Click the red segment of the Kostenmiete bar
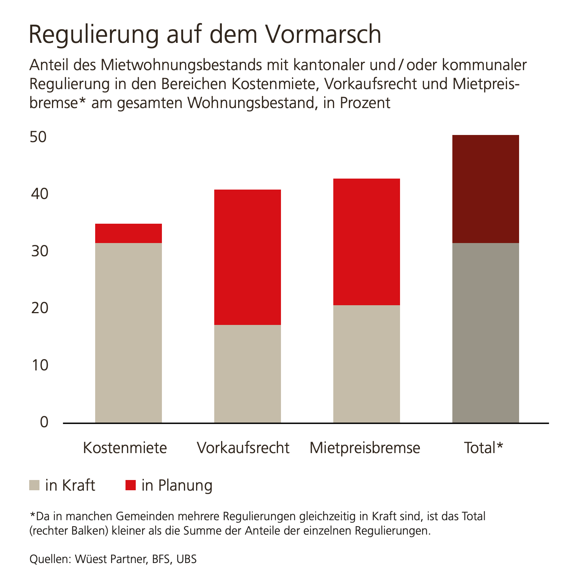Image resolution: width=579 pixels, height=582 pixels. point(129,233)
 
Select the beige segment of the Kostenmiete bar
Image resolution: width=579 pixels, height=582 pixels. point(129,333)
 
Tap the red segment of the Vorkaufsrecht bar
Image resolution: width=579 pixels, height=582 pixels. point(248,257)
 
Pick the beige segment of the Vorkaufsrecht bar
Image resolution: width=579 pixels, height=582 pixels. point(248,374)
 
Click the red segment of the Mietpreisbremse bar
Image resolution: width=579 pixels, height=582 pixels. point(367,242)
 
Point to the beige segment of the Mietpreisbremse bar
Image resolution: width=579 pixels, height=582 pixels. point(367,364)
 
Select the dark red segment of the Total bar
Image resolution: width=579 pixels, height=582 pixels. point(486,189)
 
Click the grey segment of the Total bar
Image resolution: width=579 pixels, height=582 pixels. point(486,333)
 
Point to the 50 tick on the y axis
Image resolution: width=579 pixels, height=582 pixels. point(39,137)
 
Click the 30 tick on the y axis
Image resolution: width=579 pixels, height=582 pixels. point(40,251)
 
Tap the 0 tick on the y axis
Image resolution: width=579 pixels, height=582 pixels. point(44,422)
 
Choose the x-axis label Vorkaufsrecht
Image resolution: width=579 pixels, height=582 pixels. point(243,448)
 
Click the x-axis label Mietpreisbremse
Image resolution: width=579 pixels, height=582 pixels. point(365,448)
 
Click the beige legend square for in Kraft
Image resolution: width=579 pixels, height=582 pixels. point(35,485)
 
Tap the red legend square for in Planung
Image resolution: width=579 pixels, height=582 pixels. point(130,485)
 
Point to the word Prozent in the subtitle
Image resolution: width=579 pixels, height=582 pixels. point(365,103)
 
